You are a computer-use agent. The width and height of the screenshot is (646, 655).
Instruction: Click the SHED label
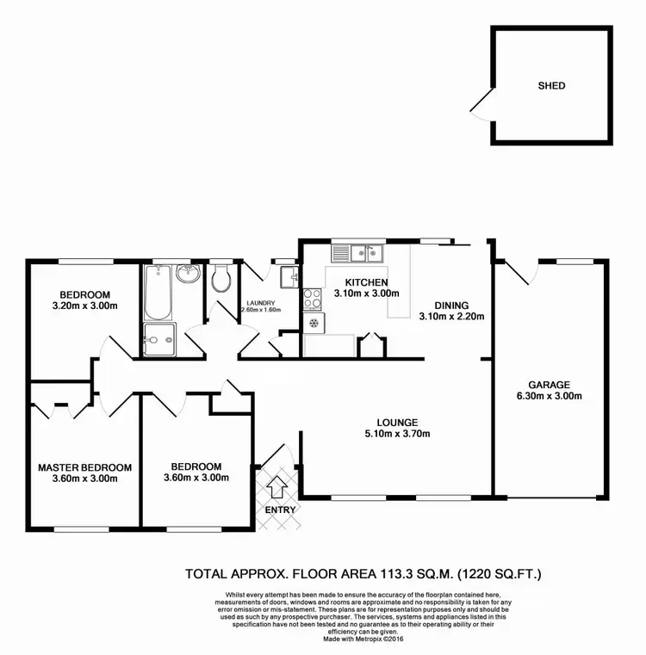[x=551, y=85]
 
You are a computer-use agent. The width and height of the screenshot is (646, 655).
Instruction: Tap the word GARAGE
[x=550, y=385]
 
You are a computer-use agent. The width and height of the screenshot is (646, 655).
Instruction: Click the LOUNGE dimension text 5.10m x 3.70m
[x=397, y=434]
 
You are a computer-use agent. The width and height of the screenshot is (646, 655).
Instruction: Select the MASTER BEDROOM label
[x=84, y=467]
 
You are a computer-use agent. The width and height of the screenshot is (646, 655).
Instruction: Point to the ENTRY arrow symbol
[x=277, y=488]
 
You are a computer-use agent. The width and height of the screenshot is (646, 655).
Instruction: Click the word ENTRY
[x=281, y=510]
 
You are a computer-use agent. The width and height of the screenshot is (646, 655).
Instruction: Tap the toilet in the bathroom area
[x=221, y=279]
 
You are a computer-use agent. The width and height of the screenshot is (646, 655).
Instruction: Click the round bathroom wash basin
[x=188, y=275]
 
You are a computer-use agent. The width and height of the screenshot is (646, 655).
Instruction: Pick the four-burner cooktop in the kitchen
[x=312, y=299]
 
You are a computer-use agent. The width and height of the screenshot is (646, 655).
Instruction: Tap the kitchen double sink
[x=359, y=253]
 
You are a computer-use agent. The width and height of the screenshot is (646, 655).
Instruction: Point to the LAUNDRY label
[x=260, y=303]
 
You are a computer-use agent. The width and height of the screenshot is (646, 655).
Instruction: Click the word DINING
[x=451, y=305]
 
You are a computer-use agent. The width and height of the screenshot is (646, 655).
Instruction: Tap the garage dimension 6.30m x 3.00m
[x=550, y=397]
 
